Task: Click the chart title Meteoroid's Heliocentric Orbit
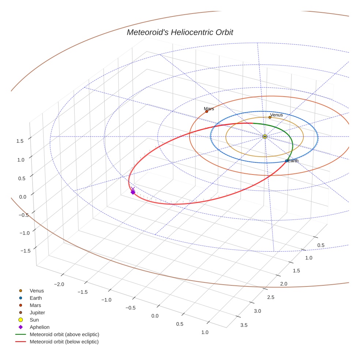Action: (180, 32)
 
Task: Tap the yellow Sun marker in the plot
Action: (265, 136)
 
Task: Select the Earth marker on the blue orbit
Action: (286, 161)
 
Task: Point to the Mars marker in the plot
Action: (207, 111)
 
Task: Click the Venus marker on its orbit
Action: (270, 117)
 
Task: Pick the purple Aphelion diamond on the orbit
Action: (133, 192)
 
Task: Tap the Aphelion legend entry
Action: (40, 327)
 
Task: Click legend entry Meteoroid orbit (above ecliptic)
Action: (64, 334)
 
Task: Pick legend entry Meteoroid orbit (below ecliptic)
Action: (64, 342)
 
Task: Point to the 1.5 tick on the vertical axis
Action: (20, 141)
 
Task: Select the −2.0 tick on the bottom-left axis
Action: (59, 284)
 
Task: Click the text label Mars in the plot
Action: (209, 109)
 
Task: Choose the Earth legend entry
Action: (36, 298)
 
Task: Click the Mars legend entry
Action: (35, 305)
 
